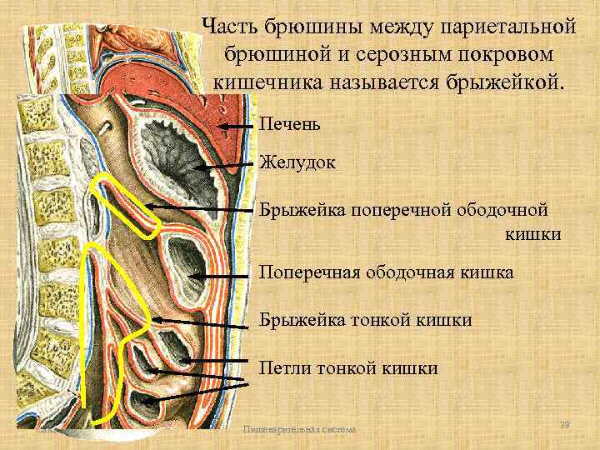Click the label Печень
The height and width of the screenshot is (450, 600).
pyautogui.click(x=287, y=125)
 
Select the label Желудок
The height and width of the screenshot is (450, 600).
pyautogui.click(x=297, y=162)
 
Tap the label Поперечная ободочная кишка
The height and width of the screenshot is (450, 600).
pyautogui.click(x=387, y=272)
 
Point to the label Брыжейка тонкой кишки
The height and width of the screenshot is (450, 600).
pyautogui.click(x=366, y=320)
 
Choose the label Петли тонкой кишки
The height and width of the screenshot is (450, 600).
pyautogui.click(x=348, y=367)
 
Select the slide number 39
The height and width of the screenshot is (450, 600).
pyautogui.click(x=564, y=426)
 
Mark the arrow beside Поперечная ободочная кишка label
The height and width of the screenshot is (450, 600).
pyautogui.click(x=221, y=274)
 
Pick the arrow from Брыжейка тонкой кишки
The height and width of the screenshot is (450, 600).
pyautogui.click(x=200, y=322)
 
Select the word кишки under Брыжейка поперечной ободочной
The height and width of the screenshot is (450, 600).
pyautogui.click(x=532, y=234)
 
